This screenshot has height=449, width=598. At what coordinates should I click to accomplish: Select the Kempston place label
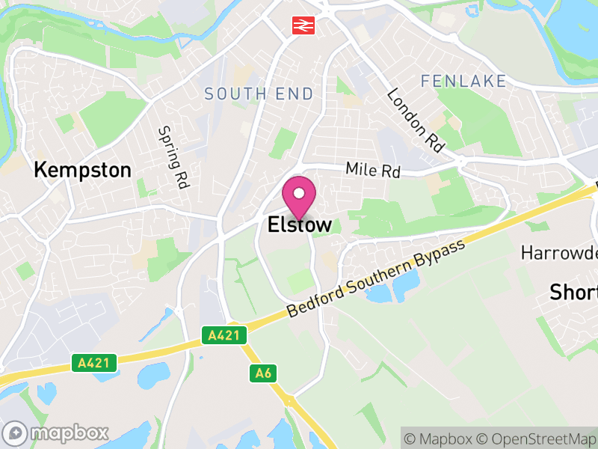pyautogui.click(x=82, y=170)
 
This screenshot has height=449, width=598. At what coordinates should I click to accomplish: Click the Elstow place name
pyautogui.click(x=299, y=224)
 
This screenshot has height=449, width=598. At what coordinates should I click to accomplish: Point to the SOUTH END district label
pyautogui.click(x=259, y=94)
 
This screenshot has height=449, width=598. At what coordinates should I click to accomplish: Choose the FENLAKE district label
pyautogui.click(x=463, y=80)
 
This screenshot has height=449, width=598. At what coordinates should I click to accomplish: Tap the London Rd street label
pyautogui.click(x=416, y=120)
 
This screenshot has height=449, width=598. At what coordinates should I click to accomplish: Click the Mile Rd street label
pyautogui.click(x=373, y=171)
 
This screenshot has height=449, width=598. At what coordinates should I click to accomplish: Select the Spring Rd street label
pyautogui.click(x=172, y=157)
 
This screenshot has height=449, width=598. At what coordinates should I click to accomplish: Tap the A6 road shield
pyautogui.click(x=262, y=372)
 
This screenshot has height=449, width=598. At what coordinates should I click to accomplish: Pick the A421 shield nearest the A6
pyautogui.click(x=224, y=336)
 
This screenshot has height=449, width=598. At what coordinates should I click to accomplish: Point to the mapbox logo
pyautogui.click(x=56, y=433)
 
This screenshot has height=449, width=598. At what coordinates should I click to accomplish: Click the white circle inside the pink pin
pyautogui.click(x=299, y=194)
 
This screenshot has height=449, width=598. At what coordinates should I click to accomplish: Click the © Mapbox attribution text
pyautogui.click(x=442, y=438)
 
